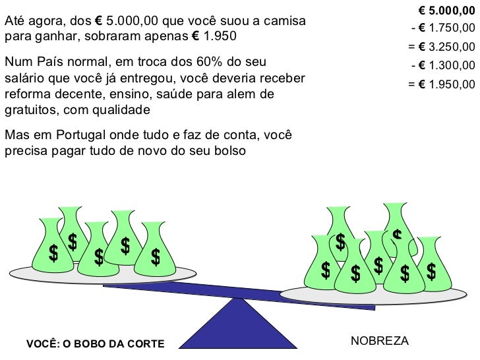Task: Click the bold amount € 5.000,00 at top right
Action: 446,11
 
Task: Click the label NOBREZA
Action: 379,341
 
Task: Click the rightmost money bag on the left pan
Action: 156,251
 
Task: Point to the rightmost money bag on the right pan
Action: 433,263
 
